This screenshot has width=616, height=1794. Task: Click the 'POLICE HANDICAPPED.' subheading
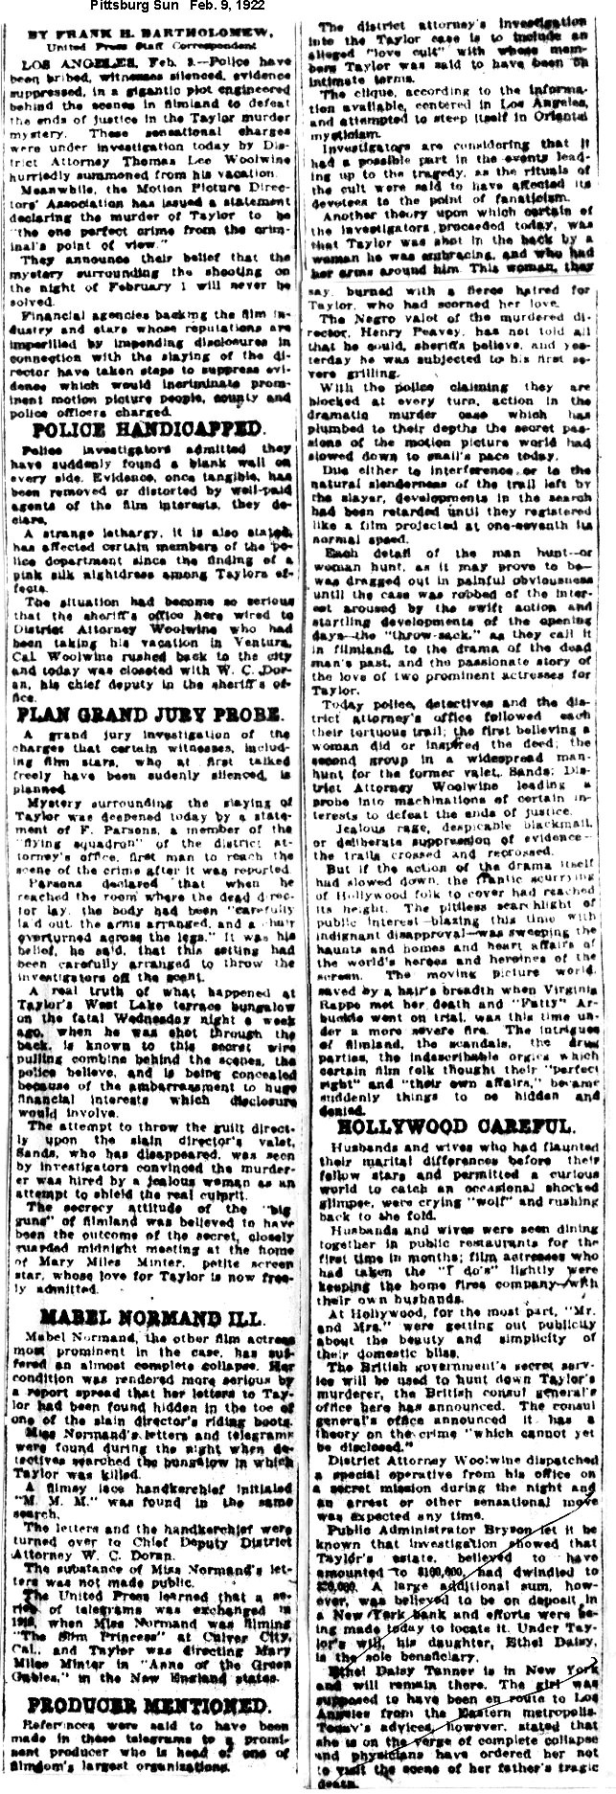coord(148,431)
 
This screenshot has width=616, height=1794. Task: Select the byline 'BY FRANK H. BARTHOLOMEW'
coord(148,33)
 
